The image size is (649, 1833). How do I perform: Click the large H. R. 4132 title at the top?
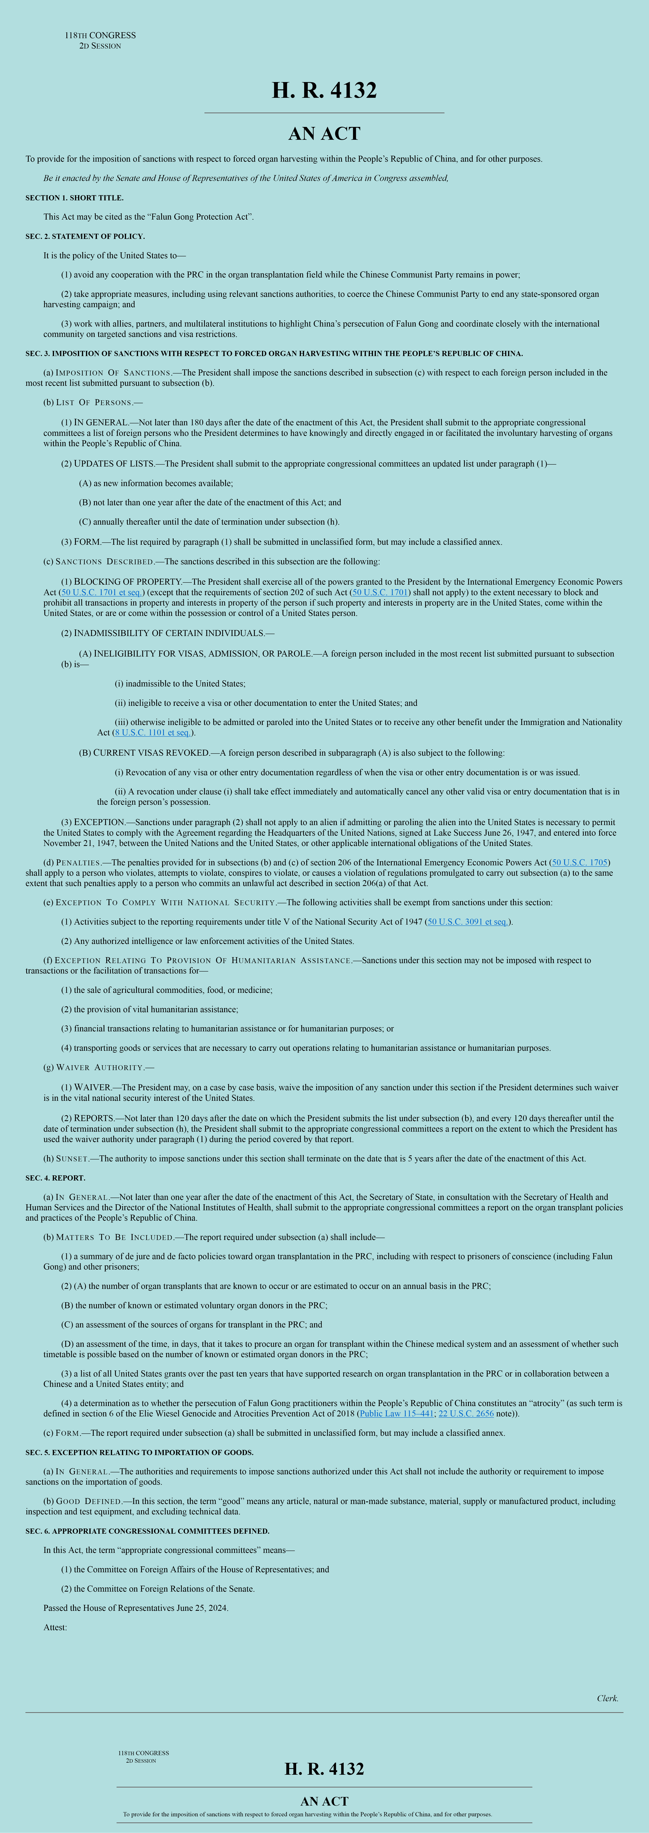pyautogui.click(x=324, y=90)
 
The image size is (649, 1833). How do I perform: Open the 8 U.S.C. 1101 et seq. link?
pyautogui.click(x=153, y=732)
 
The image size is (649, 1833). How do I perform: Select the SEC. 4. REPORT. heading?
pyautogui.click(x=56, y=1178)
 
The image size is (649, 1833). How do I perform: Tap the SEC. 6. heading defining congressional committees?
pyautogui.click(x=147, y=1531)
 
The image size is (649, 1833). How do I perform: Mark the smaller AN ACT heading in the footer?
pyautogui.click(x=324, y=1801)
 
